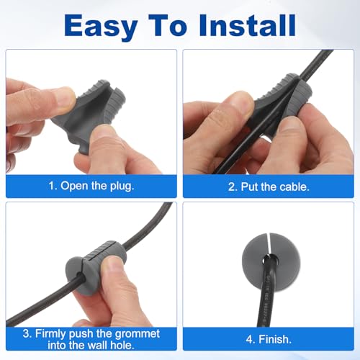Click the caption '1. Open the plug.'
(x=90, y=185)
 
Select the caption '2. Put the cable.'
(x=269, y=185)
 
